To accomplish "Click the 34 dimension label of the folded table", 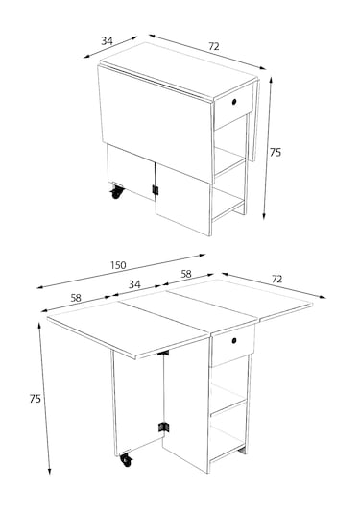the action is (x=107, y=41).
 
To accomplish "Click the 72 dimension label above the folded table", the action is (x=213, y=46).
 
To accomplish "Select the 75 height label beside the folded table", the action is (x=276, y=152).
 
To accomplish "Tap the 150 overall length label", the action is (x=118, y=265).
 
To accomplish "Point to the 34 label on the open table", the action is (x=134, y=284).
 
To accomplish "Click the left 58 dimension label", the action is (x=76, y=298).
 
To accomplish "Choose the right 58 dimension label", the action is (x=186, y=274).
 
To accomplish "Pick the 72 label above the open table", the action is (x=276, y=279).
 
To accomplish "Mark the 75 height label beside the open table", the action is (x=36, y=399).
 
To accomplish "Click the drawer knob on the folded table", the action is (x=234, y=102).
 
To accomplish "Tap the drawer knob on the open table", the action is (x=234, y=341).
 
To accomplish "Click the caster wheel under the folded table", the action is (x=116, y=192).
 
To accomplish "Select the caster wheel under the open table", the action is (x=126, y=459).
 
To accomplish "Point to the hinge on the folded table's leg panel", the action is (x=156, y=190).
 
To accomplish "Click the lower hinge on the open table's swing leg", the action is (x=164, y=428).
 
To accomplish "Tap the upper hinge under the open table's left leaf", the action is (x=163, y=353).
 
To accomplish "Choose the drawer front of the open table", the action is (x=233, y=345).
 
